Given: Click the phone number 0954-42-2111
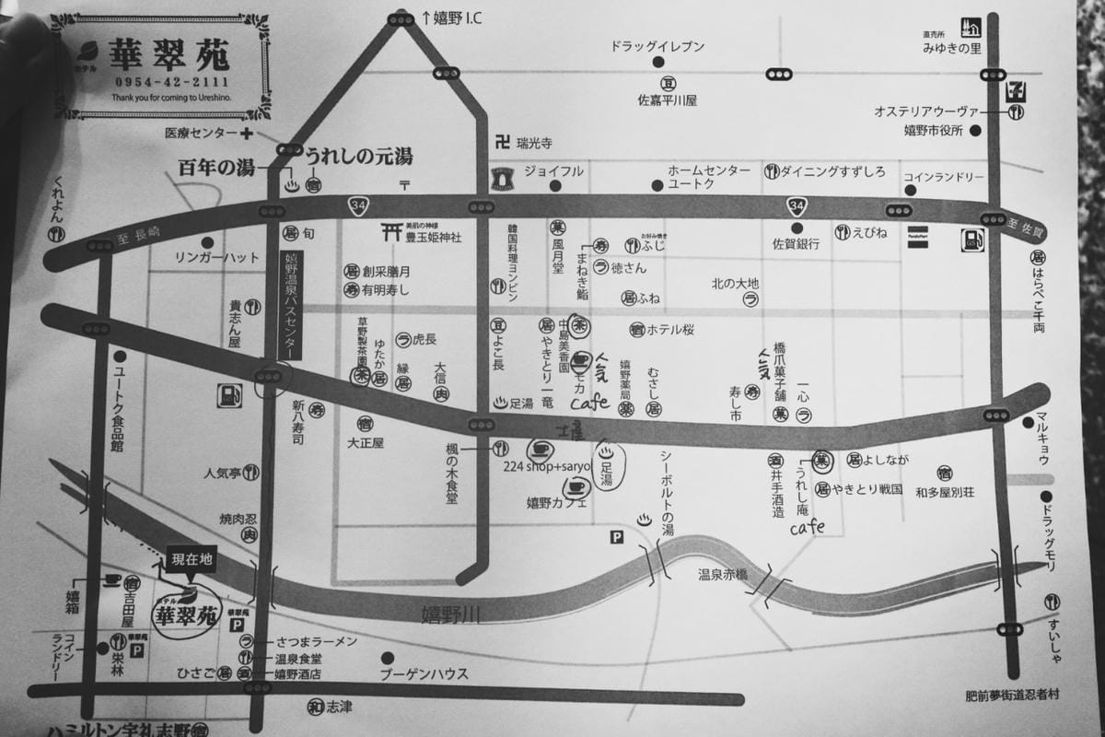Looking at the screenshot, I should pos(160,82).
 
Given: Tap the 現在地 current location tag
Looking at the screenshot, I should pos(192,559).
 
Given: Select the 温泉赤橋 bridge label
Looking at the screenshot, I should pos(723,574).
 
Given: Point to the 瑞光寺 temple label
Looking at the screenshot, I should pos(533,143).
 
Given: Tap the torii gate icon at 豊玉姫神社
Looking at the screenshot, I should pos(389,234).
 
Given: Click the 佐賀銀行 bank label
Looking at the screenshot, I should pos(797,244).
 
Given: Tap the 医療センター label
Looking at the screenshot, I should pos(202,134).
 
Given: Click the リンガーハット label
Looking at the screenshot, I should pos(217,258).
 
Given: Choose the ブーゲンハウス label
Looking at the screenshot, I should pos(424,673).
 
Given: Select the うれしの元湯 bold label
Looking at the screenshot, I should pos(358,156).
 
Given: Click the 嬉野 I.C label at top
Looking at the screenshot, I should pos(451,18).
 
